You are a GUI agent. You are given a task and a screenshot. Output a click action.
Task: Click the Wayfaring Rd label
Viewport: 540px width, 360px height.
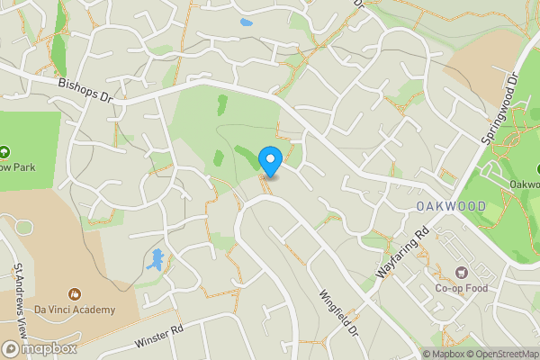click(401, 253)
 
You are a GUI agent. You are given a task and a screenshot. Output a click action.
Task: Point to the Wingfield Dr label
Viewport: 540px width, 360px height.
click(338, 312)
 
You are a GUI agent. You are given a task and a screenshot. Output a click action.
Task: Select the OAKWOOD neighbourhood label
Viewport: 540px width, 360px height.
click(451, 207)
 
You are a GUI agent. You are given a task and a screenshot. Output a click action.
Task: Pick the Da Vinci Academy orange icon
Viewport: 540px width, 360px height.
click(76, 294)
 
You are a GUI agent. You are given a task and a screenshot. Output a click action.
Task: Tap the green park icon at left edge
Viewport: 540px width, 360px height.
click(4, 151)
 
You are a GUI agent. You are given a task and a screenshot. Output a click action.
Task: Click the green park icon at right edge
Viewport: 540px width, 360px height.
click(535, 168)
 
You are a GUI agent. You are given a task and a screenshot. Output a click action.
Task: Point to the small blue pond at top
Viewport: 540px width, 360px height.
click(247, 22)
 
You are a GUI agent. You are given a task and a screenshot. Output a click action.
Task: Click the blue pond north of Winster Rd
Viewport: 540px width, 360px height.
click(156, 261)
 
